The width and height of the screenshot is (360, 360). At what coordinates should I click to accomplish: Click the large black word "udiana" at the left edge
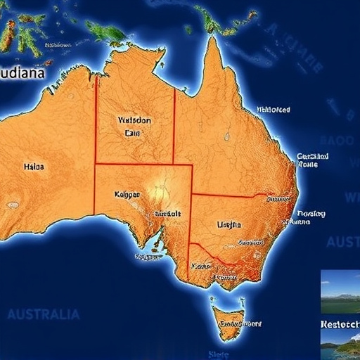[x=22, y=72]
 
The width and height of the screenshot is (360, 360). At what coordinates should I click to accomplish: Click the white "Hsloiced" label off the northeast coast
[x=273, y=110]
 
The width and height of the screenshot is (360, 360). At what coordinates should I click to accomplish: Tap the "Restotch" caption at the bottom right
[x=340, y=325]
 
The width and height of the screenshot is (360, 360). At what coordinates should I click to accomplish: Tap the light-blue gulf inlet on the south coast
[x=156, y=245]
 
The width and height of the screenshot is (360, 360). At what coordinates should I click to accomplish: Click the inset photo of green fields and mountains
[x=340, y=292]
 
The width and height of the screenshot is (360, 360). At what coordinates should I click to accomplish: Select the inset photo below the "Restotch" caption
[x=340, y=346]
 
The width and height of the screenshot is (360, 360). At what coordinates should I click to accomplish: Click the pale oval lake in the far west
[x=13, y=205]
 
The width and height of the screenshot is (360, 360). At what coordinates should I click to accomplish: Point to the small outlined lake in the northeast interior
[x=226, y=135]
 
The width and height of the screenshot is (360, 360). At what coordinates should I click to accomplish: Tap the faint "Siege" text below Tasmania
[x=219, y=354]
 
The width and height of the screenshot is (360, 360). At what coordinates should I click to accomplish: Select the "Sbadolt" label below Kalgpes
[x=167, y=214]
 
